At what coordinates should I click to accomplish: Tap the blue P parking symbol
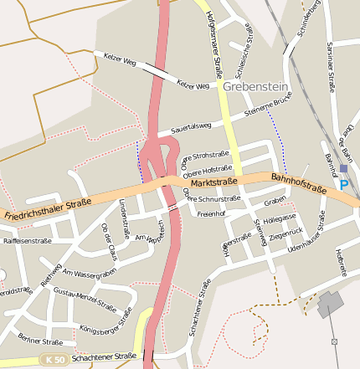343,185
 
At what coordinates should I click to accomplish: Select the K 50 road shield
54,359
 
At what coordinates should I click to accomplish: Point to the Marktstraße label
214,182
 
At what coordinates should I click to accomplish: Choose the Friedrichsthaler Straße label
47,209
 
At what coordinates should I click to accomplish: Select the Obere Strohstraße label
206,157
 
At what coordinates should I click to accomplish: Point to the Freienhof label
212,213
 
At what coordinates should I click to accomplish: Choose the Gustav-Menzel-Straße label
85,299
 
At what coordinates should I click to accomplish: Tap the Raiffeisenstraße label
28,241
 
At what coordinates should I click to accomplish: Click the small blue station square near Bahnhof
343,168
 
